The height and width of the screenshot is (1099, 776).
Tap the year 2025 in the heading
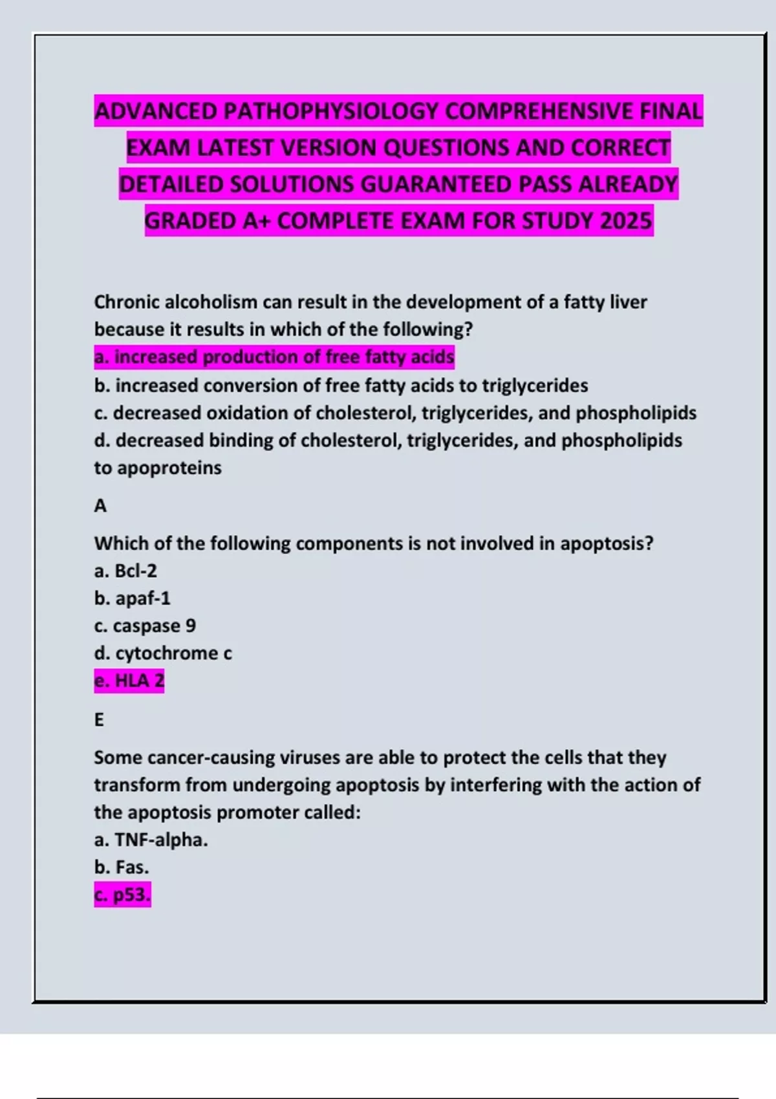point(625,221)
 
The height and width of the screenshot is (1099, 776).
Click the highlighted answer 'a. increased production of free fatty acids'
point(274,357)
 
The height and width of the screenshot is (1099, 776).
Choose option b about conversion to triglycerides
point(341,385)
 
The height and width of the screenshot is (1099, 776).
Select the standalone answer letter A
point(100,506)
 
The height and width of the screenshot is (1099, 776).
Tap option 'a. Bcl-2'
point(125,571)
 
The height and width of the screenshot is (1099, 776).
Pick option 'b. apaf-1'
point(132,599)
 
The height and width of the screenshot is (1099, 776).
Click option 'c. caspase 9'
point(145,626)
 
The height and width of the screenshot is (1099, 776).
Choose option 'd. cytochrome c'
point(163,653)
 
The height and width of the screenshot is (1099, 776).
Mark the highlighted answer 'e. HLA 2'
point(129,681)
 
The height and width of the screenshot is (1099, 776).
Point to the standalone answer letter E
point(99,720)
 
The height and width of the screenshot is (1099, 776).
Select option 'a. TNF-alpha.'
point(151,840)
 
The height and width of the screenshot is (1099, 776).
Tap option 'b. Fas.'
point(122,867)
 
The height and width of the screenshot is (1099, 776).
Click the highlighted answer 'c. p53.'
point(122,895)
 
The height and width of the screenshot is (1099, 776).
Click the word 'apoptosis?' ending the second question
point(607,543)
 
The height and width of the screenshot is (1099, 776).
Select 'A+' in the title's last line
point(257,221)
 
